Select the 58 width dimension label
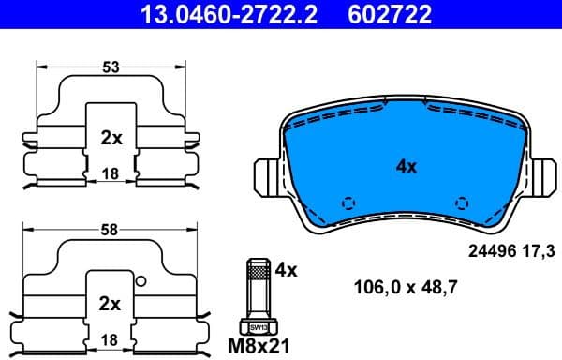coord(111,230)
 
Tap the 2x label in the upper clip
coord(111,138)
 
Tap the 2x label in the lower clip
coord(111,304)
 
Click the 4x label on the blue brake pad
coord(406,167)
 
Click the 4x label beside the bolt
coord(286,270)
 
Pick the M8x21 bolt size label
coord(260,345)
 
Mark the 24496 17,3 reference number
coord(511,251)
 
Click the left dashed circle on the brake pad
coord(348,202)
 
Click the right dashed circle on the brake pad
coord(462,202)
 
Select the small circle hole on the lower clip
coord(141,281)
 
